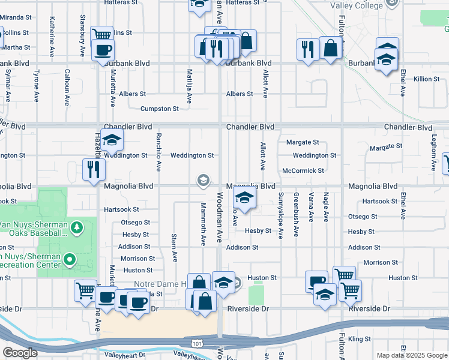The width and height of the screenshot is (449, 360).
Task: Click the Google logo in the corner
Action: tap(20, 353)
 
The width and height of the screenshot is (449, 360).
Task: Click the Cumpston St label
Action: tap(159, 109)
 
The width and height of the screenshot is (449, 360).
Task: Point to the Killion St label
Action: tap(427, 79)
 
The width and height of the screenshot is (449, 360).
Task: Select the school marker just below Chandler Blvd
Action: tap(112, 140)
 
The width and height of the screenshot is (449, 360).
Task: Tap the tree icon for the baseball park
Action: tap(76, 227)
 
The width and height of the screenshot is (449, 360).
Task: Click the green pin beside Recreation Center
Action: tap(70, 260)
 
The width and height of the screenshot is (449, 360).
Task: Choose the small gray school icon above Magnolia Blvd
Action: tap(203, 179)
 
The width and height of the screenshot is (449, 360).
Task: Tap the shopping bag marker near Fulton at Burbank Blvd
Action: tap(331, 48)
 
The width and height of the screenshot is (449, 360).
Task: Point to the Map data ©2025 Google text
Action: tap(412, 355)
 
